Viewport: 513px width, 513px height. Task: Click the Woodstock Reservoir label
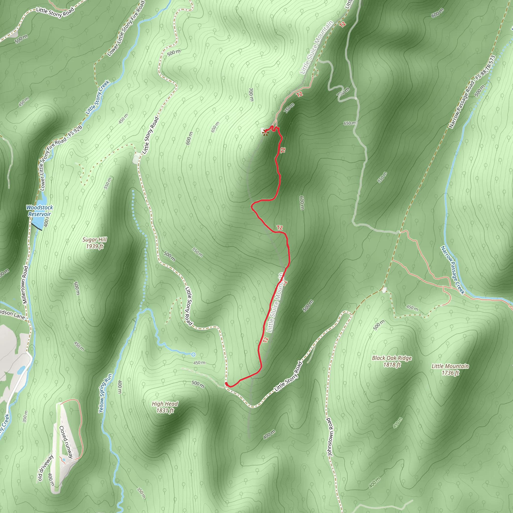tap(40, 211)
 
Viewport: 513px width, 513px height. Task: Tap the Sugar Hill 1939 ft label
tap(94, 243)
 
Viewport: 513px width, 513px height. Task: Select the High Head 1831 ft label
tap(165, 407)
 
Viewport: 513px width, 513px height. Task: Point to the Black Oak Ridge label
tap(392, 358)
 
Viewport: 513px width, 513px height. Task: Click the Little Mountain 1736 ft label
tap(450, 369)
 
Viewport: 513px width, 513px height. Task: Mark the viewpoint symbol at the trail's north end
tap(265, 133)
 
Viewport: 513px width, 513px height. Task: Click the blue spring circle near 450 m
tap(193, 354)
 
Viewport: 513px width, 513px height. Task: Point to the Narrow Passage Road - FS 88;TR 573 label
tap(472, 92)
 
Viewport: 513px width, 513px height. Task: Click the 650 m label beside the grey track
tap(349, 123)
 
